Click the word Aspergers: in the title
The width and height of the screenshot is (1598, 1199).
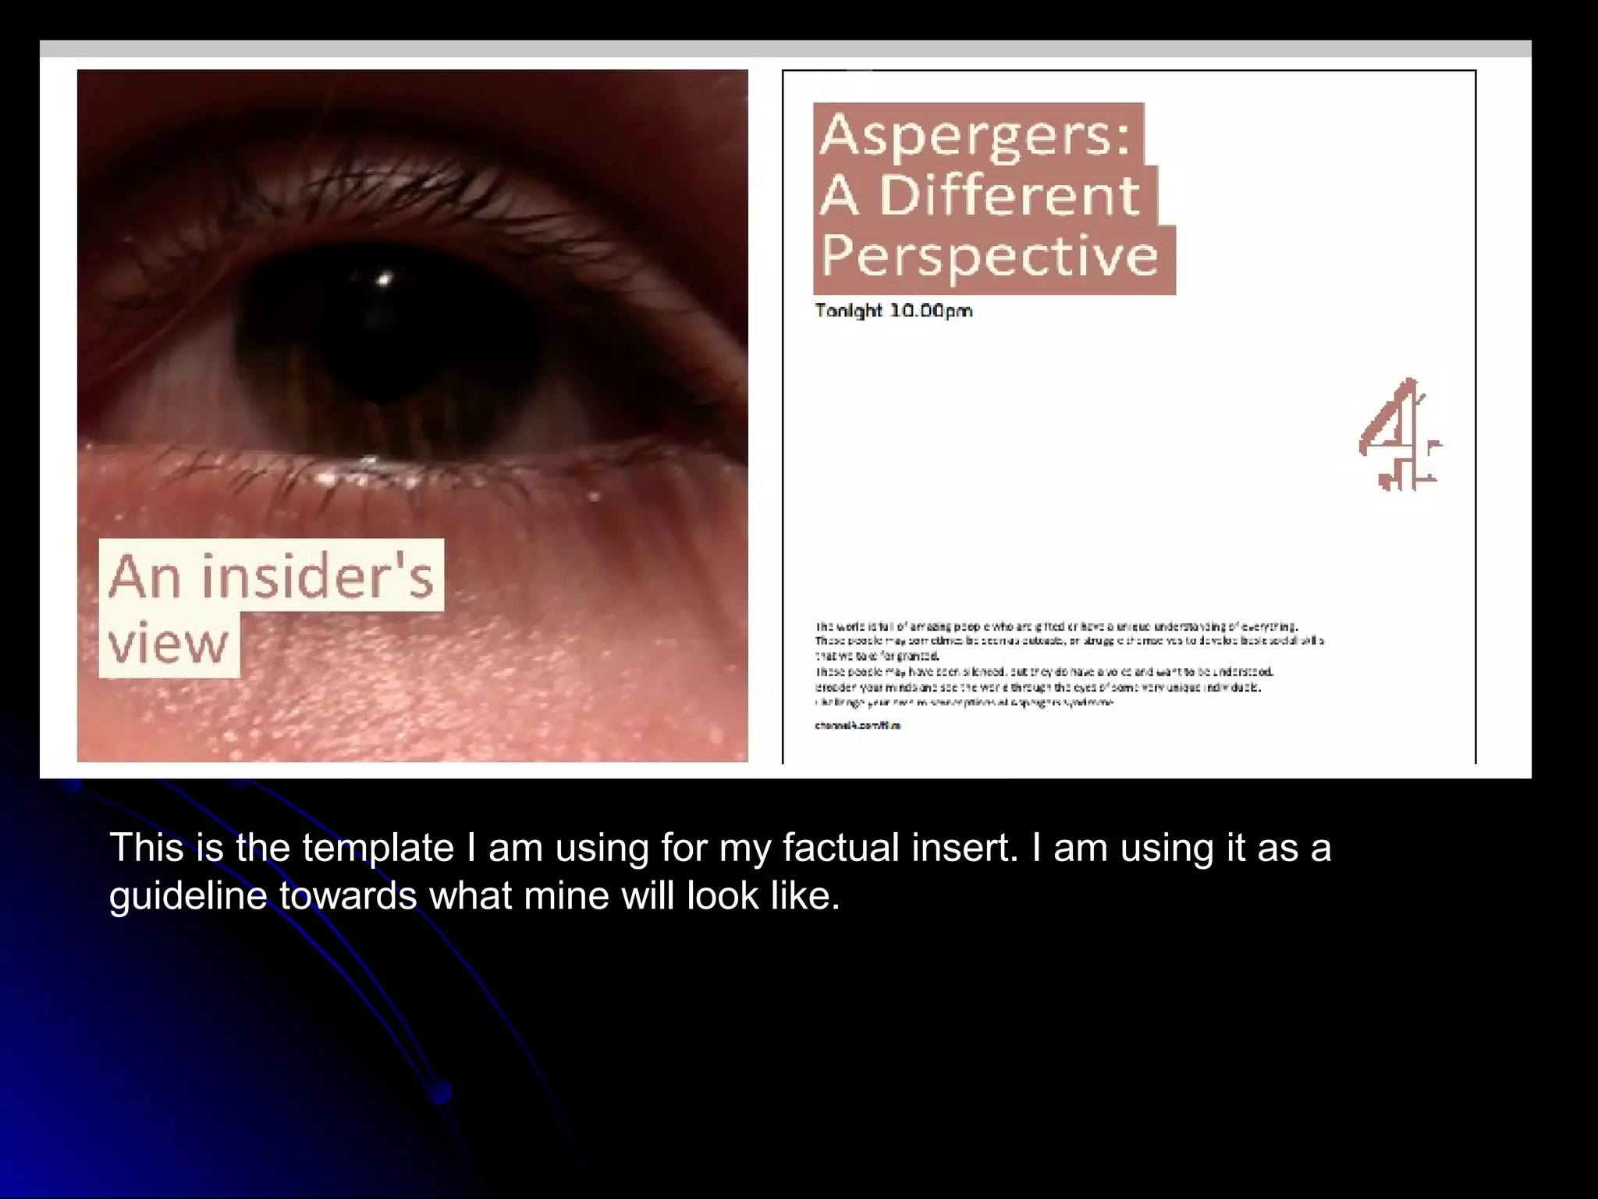tap(975, 135)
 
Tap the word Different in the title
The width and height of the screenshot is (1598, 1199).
tap(1010, 195)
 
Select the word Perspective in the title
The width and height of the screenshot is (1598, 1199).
tap(989, 256)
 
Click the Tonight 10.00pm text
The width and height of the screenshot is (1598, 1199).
tap(893, 311)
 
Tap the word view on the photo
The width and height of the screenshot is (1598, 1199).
tap(169, 643)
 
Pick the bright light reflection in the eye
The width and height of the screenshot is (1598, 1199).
tap(383, 278)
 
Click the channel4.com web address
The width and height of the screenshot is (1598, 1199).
tap(858, 725)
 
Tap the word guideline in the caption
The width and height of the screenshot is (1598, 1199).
tap(188, 895)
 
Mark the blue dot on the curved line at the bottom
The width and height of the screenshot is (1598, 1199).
tap(440, 1091)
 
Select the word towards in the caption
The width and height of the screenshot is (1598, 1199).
tap(348, 895)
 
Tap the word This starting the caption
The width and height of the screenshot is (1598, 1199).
tap(146, 848)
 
